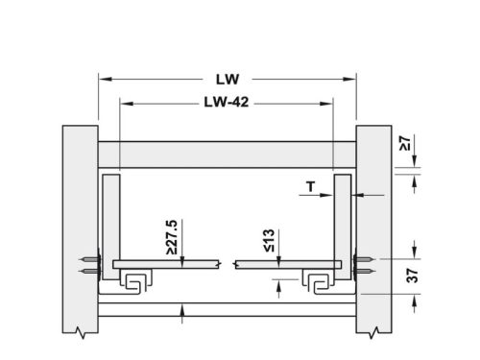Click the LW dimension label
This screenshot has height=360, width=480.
(228, 80)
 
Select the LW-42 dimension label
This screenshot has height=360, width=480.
(227, 102)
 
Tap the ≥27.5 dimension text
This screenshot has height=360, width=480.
(172, 237)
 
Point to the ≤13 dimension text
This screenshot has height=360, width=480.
(269, 241)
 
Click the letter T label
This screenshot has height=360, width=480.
(311, 186)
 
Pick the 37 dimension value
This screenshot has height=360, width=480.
(412, 276)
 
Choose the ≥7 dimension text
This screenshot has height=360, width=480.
(405, 143)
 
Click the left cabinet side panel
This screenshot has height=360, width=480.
(80, 229)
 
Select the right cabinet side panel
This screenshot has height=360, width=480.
(373, 229)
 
